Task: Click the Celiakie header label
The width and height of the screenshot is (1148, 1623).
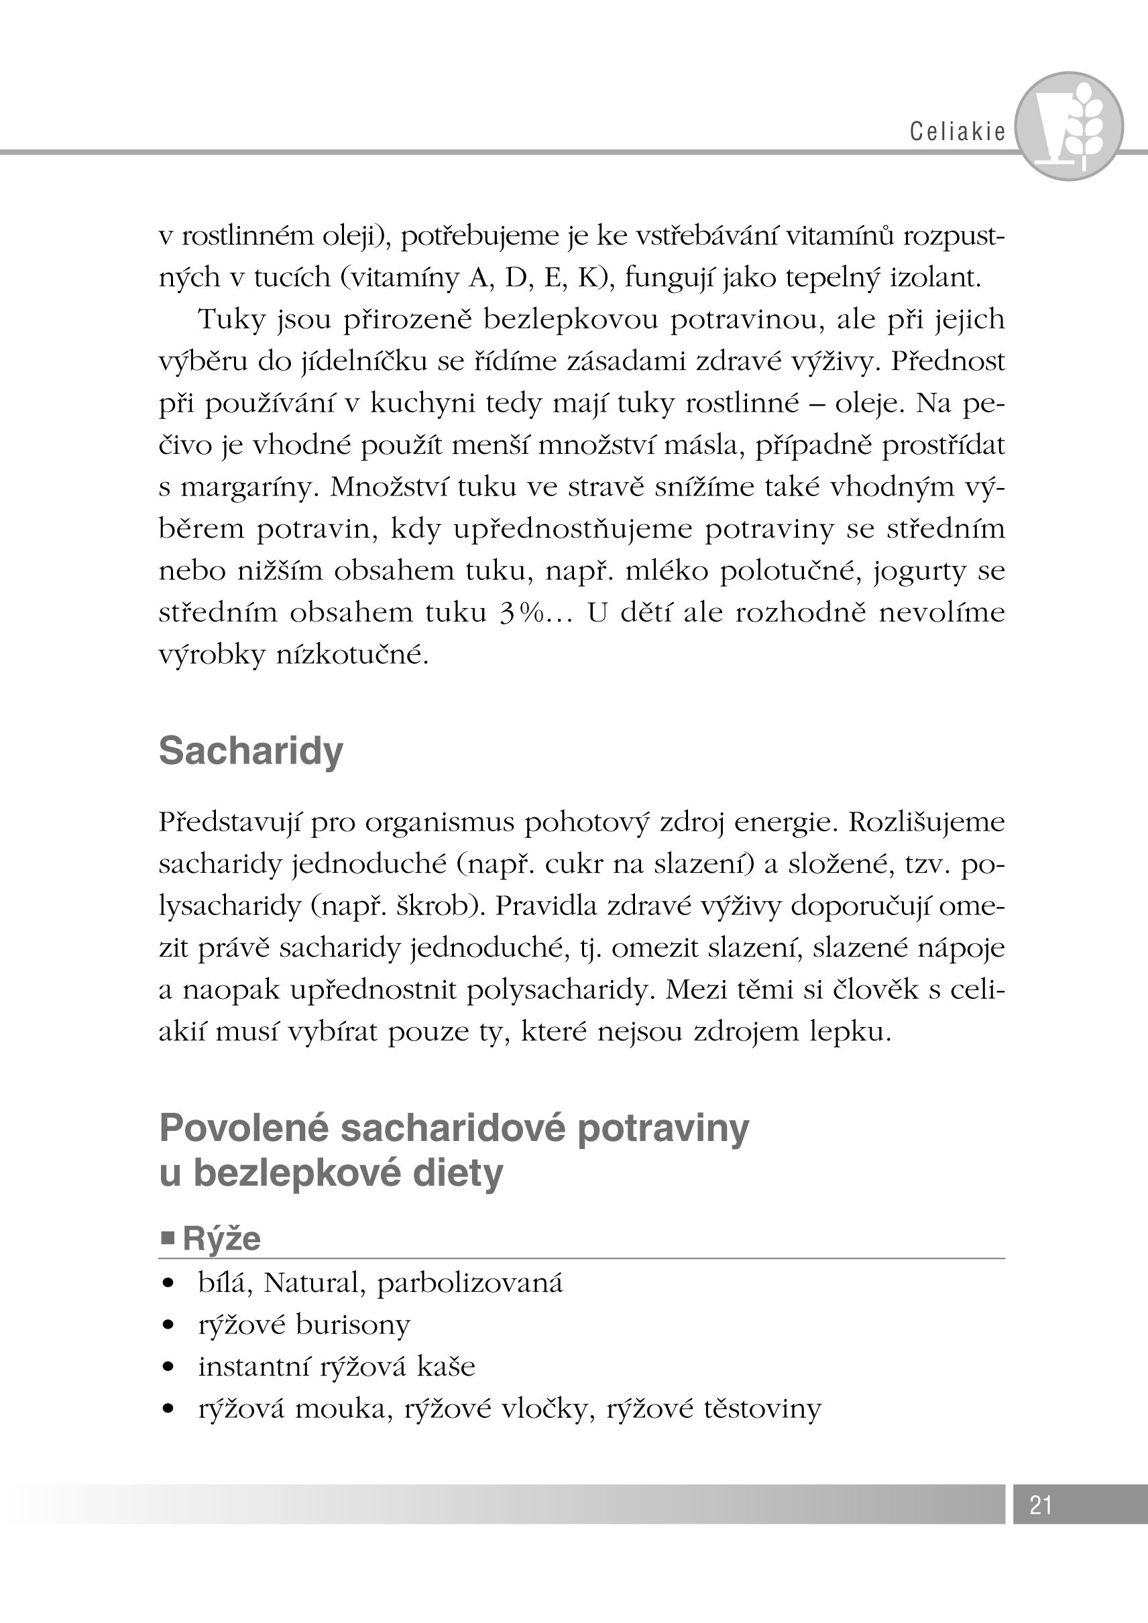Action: point(957,131)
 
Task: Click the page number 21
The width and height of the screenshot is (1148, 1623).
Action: point(1041,1505)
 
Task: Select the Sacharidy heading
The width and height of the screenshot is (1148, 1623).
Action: point(251,750)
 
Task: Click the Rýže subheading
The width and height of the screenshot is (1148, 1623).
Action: point(221,1239)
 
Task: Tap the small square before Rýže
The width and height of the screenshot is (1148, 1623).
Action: point(168,1238)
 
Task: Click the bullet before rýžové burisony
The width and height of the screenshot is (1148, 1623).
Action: point(168,1325)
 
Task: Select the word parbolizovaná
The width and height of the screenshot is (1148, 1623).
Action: point(470,1283)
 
